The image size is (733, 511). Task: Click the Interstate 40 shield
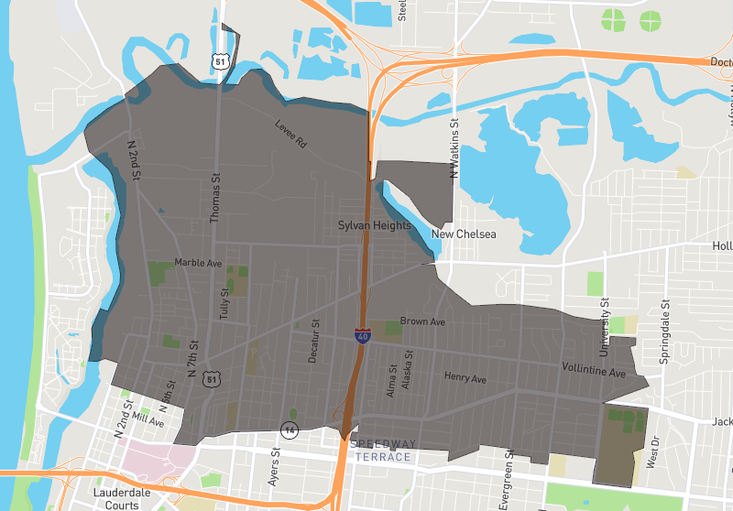(x=364, y=336)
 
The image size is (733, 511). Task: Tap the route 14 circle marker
(x=291, y=429)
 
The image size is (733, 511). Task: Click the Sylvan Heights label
(x=374, y=225)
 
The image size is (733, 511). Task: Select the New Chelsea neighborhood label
(x=464, y=234)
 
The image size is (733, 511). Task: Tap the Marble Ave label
(x=198, y=263)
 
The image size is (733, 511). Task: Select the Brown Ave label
(x=422, y=322)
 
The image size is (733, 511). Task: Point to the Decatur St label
(x=313, y=342)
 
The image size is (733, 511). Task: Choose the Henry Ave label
(x=465, y=377)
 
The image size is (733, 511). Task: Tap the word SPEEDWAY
(x=383, y=445)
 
